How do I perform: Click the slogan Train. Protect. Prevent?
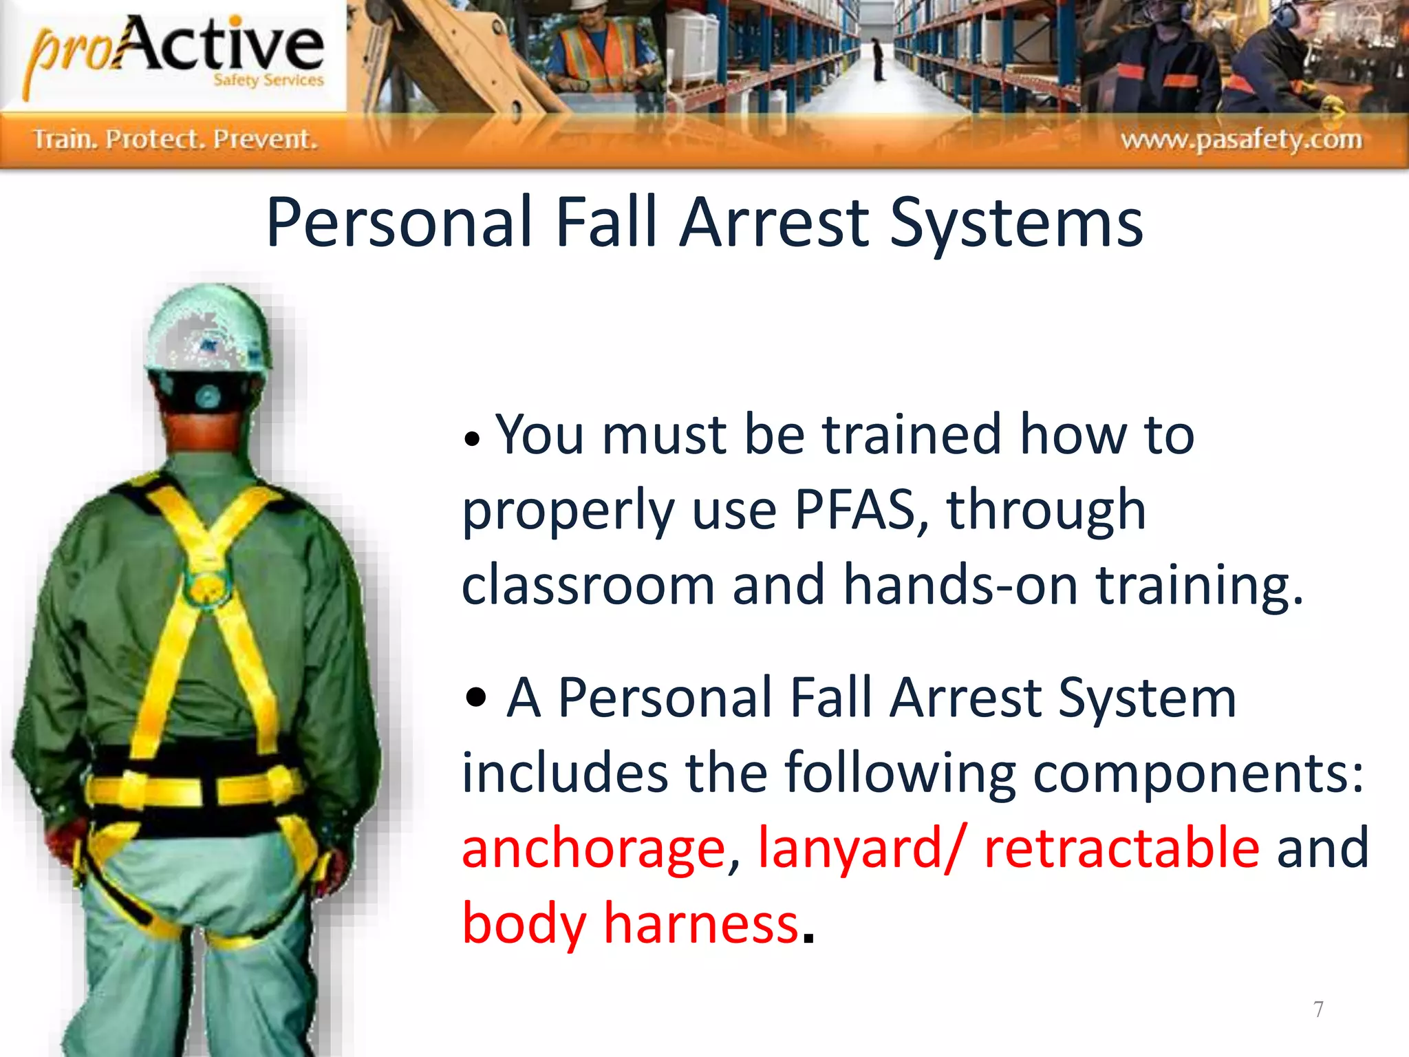(x=176, y=140)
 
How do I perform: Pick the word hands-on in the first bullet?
(x=960, y=585)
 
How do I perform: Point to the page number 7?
(x=1317, y=1009)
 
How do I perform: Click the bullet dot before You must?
(x=471, y=439)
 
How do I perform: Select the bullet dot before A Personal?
(x=475, y=697)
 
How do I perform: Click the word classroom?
(x=588, y=585)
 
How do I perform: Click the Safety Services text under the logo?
(x=268, y=80)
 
